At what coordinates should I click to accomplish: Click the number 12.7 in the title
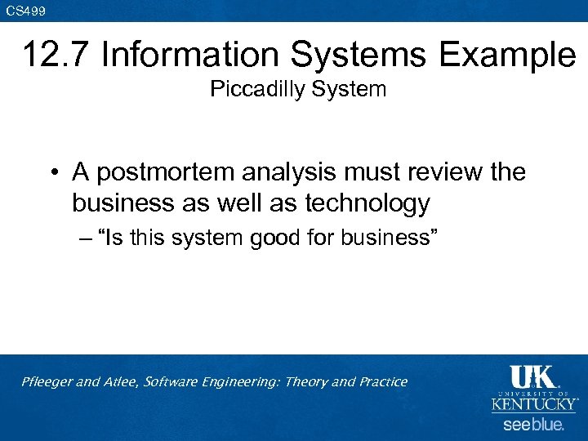(56, 56)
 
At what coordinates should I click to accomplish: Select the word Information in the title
(189, 56)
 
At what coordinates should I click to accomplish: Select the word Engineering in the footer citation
(233, 381)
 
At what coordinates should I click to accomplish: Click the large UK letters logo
(532, 376)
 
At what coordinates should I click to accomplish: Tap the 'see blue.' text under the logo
(533, 425)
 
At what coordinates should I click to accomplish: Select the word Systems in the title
(356, 56)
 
